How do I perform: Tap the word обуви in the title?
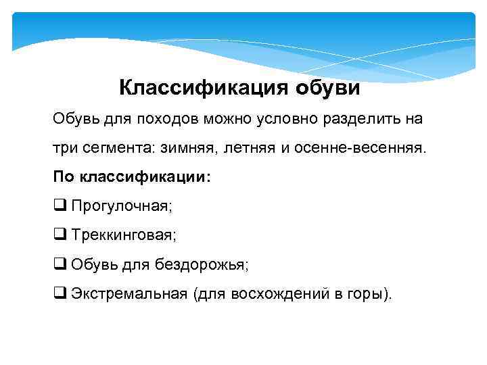tap(328, 88)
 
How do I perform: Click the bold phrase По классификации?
tap(132, 177)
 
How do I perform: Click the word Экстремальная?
tap(129, 294)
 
